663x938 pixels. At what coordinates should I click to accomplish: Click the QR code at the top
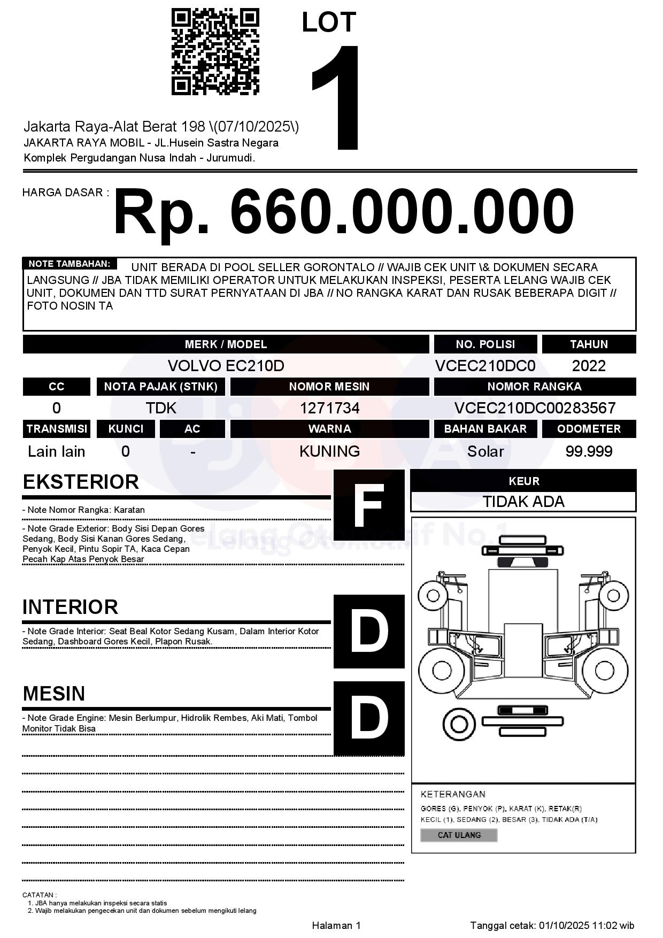215,52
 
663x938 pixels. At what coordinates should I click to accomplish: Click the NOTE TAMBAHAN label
69,264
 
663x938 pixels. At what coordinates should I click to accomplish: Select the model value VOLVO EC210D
226,366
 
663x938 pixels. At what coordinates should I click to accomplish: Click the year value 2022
589,366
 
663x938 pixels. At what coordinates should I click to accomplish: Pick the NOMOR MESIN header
329,387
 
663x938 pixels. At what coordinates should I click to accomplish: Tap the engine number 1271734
329,408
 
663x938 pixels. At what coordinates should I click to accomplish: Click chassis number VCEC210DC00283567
535,408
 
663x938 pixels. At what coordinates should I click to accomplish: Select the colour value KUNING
329,451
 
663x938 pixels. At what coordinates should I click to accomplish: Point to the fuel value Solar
485,451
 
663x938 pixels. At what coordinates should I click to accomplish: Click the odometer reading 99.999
589,451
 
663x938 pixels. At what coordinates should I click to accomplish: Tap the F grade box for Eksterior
369,505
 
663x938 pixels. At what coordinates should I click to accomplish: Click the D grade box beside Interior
369,632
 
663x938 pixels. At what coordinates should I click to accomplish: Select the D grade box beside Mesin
369,718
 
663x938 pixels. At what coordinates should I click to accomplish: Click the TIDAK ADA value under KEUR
523,502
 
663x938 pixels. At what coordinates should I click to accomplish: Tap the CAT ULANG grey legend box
459,835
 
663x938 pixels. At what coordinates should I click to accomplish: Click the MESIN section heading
54,694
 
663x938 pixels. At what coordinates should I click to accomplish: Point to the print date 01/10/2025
564,925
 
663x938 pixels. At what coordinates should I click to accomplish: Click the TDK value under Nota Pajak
161,408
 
